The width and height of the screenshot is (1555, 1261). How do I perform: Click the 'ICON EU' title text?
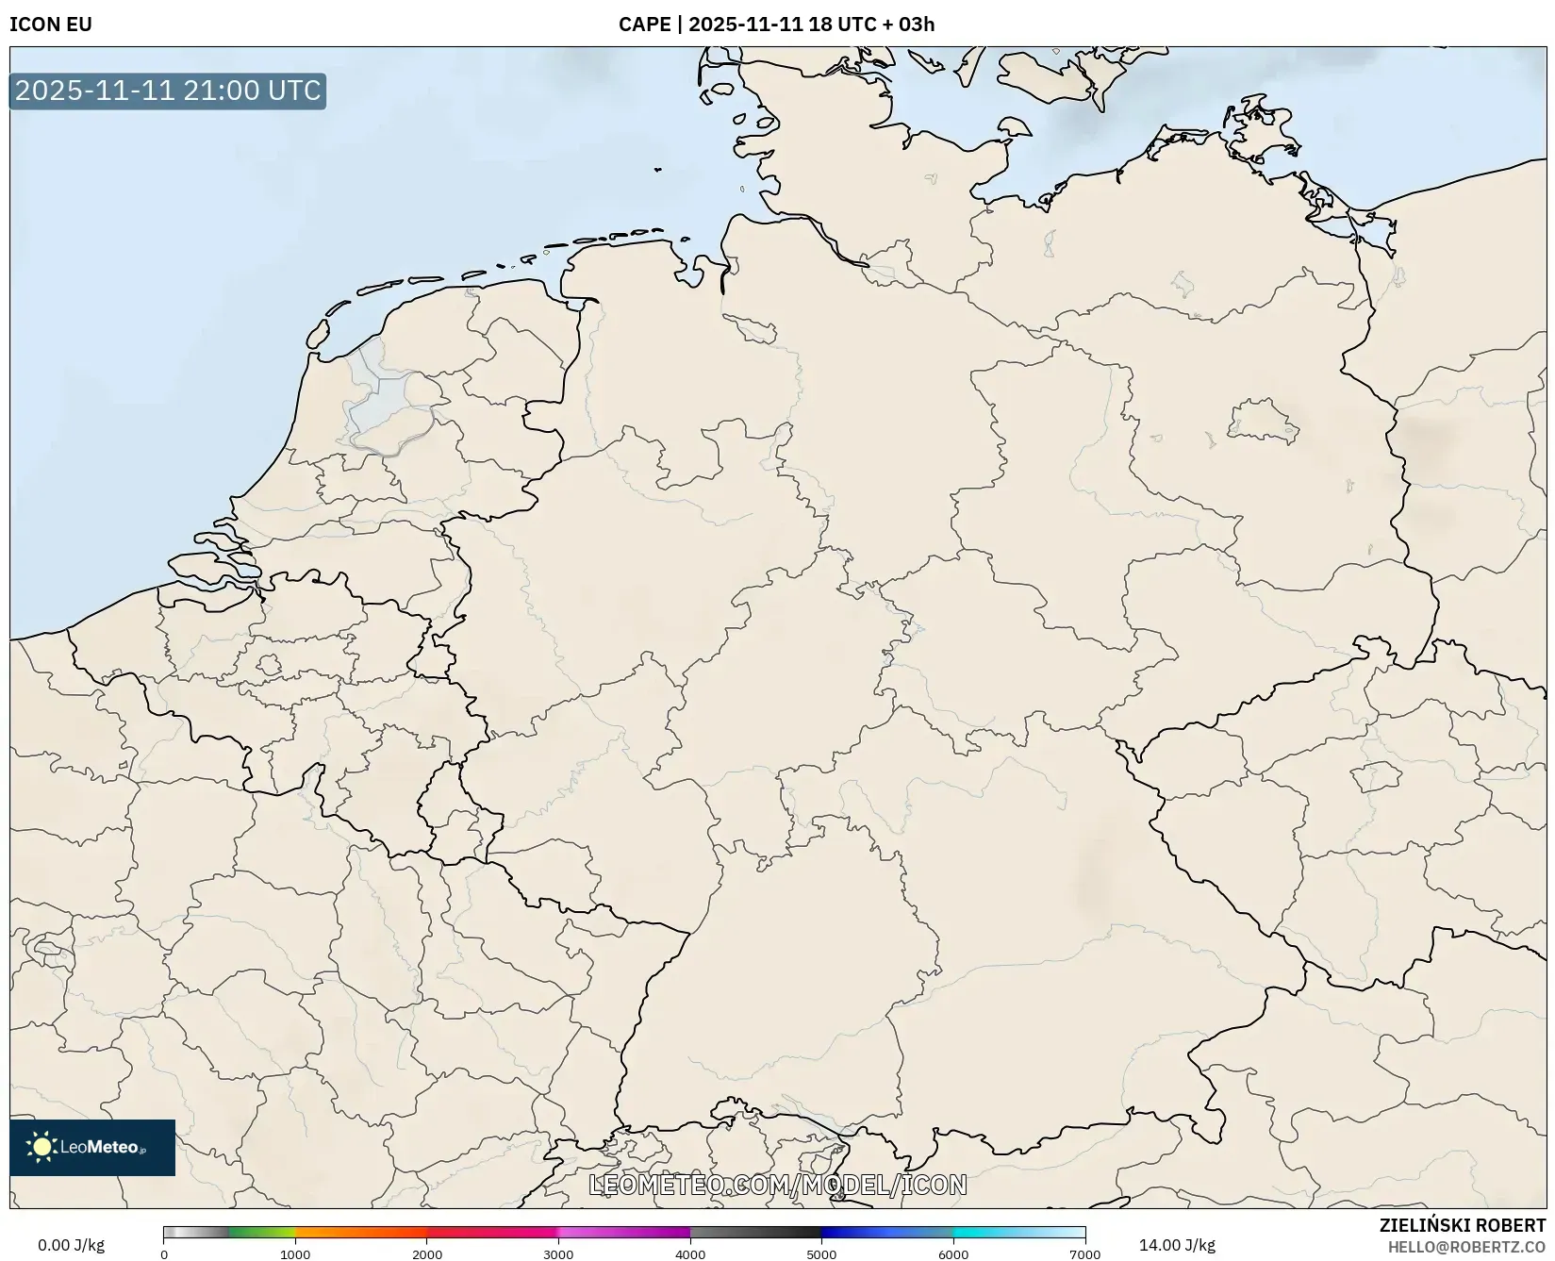(x=51, y=25)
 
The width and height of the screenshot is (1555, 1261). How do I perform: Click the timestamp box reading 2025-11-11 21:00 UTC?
(x=168, y=91)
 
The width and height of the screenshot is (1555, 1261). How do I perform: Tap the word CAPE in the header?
(x=644, y=25)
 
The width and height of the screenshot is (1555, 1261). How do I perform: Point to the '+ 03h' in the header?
(x=908, y=25)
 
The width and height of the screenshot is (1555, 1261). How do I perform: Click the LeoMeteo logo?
(x=92, y=1147)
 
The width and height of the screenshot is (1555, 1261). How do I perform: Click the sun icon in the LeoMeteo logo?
(x=41, y=1147)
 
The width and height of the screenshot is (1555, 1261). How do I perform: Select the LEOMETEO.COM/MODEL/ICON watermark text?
(x=778, y=1185)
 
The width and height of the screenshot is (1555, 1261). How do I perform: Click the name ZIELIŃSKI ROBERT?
(x=1463, y=1225)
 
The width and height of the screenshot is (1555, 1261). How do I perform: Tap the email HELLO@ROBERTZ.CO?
(x=1466, y=1247)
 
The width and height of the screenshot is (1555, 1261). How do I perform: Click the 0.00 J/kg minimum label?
(x=71, y=1245)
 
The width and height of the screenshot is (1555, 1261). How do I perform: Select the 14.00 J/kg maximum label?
(x=1177, y=1245)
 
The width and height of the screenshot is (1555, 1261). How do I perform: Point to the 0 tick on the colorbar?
(x=164, y=1254)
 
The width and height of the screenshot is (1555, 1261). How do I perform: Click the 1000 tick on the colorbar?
(x=295, y=1254)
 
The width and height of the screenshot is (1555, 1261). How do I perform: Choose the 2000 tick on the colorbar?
(x=427, y=1254)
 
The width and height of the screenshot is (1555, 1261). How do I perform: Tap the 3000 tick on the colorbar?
(x=558, y=1254)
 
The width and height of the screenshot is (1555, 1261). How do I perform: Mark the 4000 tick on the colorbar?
(x=690, y=1254)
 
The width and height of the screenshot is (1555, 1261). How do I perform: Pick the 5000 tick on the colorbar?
(x=821, y=1254)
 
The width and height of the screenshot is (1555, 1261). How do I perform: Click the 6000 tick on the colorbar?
(x=953, y=1254)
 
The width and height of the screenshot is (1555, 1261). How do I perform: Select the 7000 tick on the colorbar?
(x=1084, y=1254)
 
